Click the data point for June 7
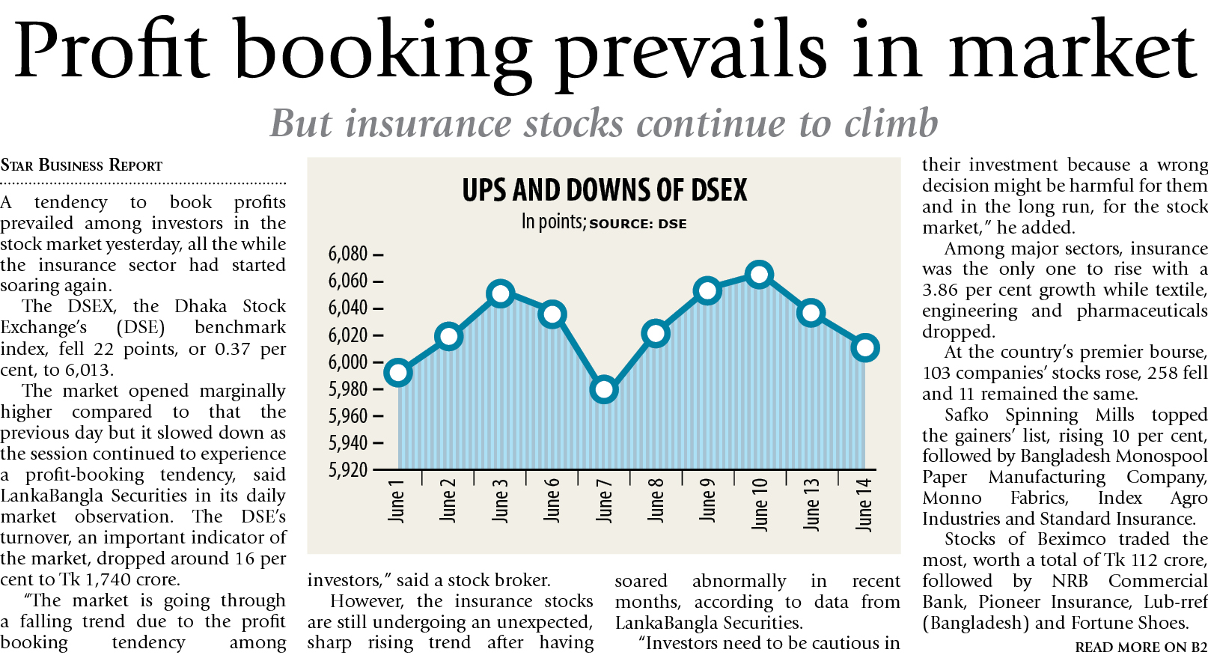[603, 389]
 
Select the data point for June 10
[759, 275]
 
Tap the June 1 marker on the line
[397, 372]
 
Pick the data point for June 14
[864, 347]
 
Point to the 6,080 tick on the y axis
[348, 255]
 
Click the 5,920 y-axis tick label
[348, 470]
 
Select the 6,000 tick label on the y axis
[348, 362]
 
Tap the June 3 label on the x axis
[500, 500]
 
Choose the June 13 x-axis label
[811, 504]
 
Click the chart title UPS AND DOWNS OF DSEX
[605, 190]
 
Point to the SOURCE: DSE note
[638, 224]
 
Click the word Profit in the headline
[111, 51]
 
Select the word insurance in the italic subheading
[429, 124]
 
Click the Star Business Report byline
[82, 165]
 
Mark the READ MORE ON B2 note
[1141, 647]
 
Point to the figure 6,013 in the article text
[89, 371]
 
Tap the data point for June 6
[552, 314]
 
